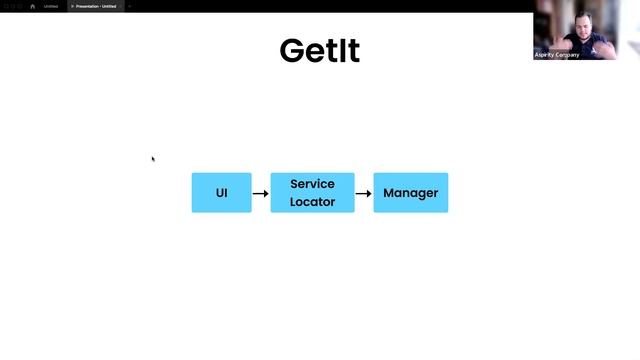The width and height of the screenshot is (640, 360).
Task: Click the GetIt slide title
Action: [319, 51]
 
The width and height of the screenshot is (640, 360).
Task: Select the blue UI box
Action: [221, 192]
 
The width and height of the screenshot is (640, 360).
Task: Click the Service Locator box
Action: [312, 192]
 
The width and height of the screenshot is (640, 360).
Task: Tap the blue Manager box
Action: [410, 192]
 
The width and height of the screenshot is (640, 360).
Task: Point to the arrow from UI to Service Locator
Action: [260, 193]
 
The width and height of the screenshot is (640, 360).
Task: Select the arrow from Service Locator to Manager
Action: [364, 193]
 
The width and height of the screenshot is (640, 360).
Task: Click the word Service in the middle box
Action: [312, 184]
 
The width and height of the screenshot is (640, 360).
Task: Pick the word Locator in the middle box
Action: [312, 201]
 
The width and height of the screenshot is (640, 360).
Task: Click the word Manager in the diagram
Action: [410, 193]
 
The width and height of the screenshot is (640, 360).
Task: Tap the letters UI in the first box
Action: [221, 193]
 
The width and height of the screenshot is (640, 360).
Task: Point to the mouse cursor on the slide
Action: [153, 158]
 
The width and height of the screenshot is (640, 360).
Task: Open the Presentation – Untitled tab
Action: [96, 6]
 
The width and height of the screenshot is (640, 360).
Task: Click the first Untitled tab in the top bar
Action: [50, 6]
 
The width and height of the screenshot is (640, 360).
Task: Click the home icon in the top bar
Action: [32, 6]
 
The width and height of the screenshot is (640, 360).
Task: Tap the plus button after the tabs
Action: [129, 6]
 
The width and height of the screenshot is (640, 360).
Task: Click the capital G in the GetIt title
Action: [292, 51]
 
